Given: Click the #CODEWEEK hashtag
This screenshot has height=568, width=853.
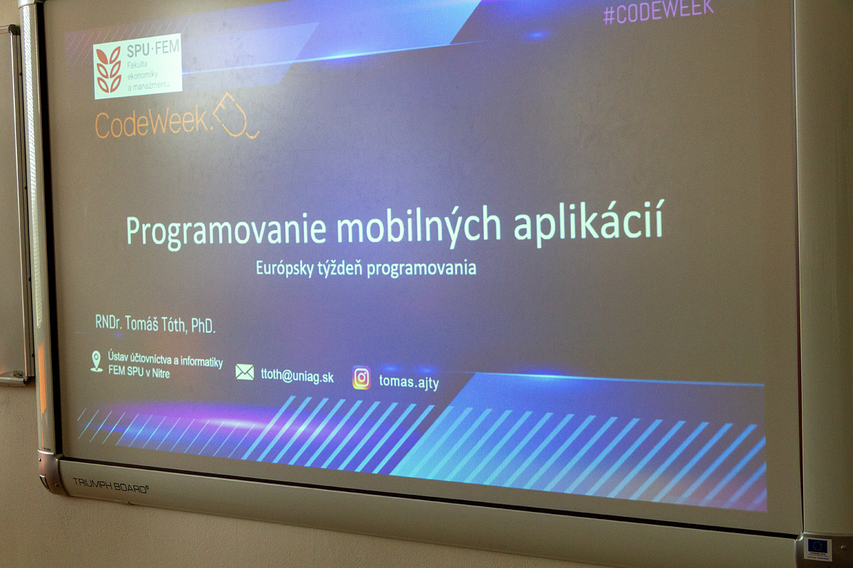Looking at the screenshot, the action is pos(658,12).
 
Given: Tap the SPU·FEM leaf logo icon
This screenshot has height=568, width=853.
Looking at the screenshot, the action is pos(109,70).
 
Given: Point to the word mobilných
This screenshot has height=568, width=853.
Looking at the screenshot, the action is pos(419,227).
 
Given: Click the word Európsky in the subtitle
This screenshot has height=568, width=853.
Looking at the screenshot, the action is pos(285,268).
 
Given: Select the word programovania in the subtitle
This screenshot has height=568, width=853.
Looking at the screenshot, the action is pos(422,268).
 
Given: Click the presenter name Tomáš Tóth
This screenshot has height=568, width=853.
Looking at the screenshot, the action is pos(155,324).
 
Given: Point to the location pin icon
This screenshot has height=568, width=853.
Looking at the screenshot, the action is pos(97,361).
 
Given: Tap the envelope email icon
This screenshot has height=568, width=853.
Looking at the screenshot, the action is pos(245,372).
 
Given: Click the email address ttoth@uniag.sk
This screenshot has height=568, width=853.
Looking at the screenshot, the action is pos(297,376).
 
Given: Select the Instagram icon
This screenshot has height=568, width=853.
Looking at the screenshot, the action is pos(361,378).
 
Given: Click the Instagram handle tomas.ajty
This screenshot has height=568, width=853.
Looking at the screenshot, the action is pos(409,381).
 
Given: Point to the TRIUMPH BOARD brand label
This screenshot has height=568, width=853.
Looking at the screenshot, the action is pos(110,486).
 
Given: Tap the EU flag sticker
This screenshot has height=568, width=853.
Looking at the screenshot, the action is pos(817,550).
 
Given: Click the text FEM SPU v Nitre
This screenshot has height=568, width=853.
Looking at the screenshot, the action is pos(139,371).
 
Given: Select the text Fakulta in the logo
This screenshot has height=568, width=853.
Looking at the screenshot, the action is pos(137,65).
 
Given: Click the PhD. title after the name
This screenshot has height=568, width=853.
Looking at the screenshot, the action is pos(203,326).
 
